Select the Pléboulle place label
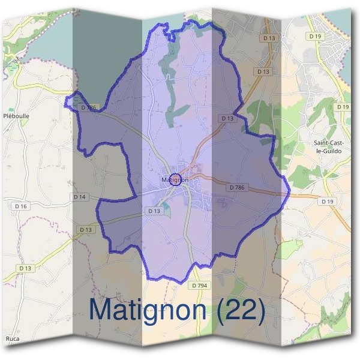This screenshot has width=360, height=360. point(16,116)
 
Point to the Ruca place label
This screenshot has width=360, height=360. point(13,339)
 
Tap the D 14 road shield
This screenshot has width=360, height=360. point(80,197)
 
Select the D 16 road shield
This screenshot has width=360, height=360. point(21,206)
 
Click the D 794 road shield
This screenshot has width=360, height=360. point(200,286)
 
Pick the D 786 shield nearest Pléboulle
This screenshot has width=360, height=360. point(88,107)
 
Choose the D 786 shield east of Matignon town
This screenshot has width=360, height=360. point(237,188)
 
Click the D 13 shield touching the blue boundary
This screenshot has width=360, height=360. point(227,118)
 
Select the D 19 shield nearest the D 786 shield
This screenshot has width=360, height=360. point(327,202)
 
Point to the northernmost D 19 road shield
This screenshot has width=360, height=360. point(315,36)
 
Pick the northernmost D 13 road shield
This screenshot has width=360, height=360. point(269,38)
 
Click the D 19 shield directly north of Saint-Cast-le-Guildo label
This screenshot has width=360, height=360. point(343,107)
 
